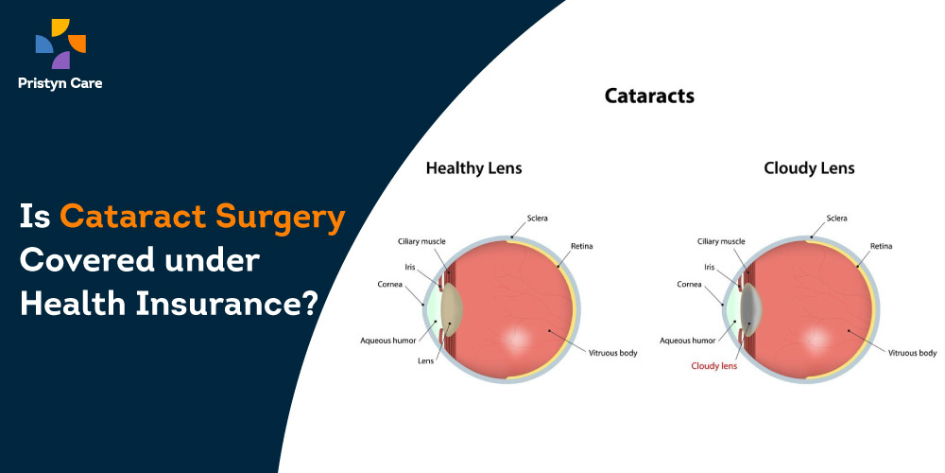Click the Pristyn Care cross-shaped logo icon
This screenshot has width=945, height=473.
[60, 44]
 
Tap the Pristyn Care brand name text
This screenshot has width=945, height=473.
[60, 83]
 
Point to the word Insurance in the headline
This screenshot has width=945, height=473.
[226, 303]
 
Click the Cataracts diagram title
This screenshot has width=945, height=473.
[649, 96]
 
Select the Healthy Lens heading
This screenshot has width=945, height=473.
[473, 168]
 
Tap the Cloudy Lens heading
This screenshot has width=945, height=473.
[809, 168]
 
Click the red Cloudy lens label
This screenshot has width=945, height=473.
[713, 365]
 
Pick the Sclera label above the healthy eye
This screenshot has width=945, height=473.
[537, 218]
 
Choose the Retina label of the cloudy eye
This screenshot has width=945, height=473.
[881, 246]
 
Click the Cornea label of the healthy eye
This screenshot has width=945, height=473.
[389, 284]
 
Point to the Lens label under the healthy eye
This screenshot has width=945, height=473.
[425, 361]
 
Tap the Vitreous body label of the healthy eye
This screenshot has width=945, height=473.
[612, 353]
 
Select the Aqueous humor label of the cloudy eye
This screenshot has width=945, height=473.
[687, 341]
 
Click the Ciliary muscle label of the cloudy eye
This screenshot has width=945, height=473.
[721, 241]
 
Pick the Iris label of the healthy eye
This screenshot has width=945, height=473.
[410, 266]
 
